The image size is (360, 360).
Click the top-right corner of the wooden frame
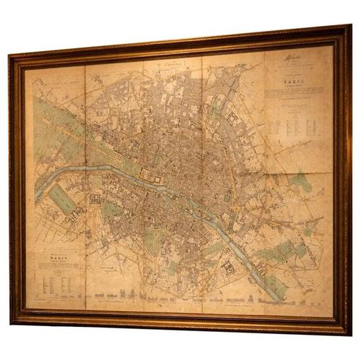tap(347, 27)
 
